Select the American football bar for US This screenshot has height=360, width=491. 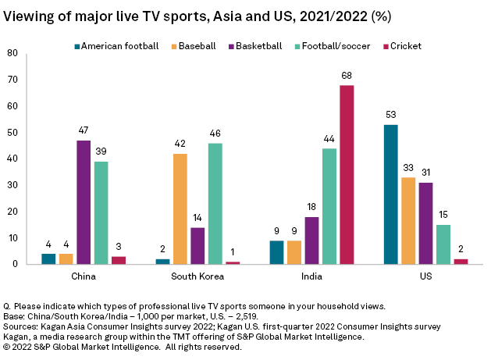click(391, 194)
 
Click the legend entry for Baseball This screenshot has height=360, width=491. click(196, 46)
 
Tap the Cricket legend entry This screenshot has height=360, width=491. click(404, 46)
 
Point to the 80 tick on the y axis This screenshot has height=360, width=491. click(12, 53)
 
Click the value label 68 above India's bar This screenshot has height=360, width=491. click(347, 76)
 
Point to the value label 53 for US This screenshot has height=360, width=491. click(391, 115)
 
